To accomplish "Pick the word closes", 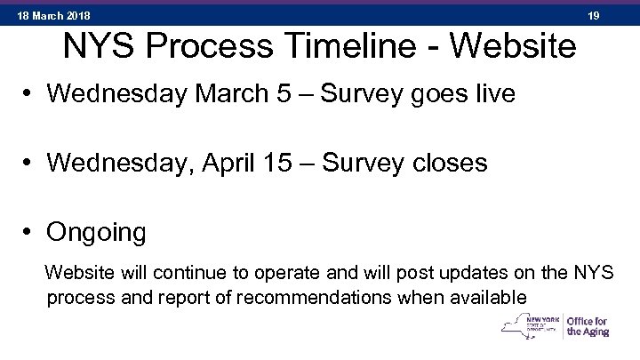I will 451,163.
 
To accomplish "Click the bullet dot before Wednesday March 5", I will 30,94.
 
